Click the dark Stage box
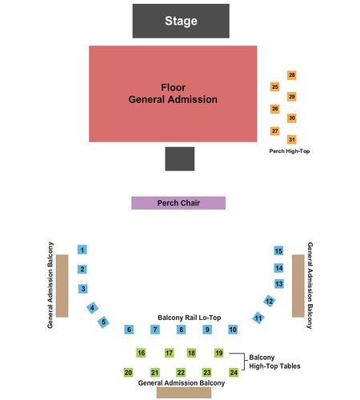click(x=181, y=21)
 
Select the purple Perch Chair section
click(x=178, y=203)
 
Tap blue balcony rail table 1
click(x=82, y=250)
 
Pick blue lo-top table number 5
click(x=103, y=322)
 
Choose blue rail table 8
click(x=181, y=330)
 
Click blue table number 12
click(x=269, y=301)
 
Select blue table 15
click(x=278, y=250)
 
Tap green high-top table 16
click(x=141, y=353)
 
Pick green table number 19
click(x=219, y=353)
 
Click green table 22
click(x=181, y=372)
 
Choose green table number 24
click(x=234, y=372)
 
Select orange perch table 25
click(x=274, y=86)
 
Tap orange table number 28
click(x=292, y=75)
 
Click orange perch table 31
click(x=292, y=139)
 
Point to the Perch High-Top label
click(x=290, y=151)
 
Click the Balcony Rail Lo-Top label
click(x=190, y=318)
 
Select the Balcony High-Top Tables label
click(x=274, y=362)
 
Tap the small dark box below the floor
click(x=180, y=158)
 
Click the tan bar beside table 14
click(x=298, y=286)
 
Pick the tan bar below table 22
click(x=184, y=393)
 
